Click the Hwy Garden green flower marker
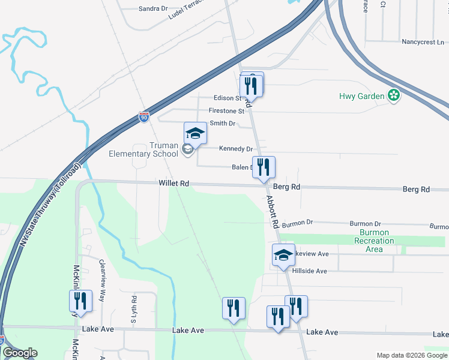[394, 95]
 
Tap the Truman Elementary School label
[143, 149]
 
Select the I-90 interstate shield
[144, 116]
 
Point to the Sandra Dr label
[153, 9]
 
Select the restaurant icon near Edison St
[251, 86]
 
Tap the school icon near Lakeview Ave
[283, 255]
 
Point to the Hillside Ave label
[309, 271]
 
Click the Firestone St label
[226, 111]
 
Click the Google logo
[19, 353]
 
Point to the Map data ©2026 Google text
[412, 355]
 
